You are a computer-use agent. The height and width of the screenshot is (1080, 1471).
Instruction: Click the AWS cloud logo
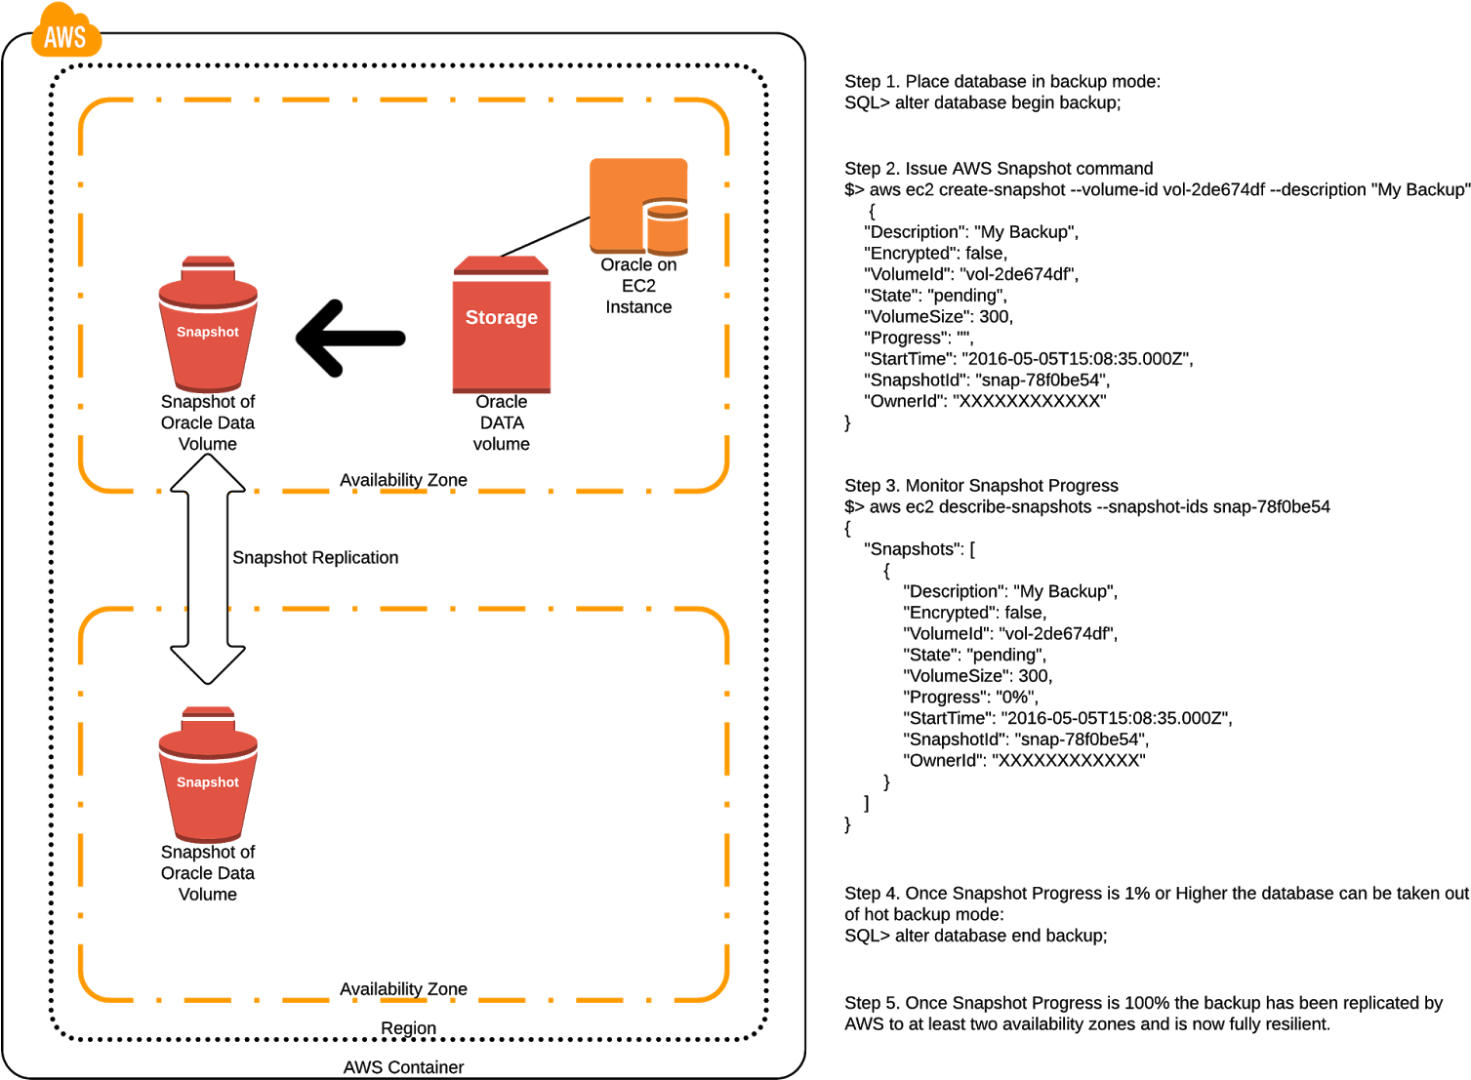pyautogui.click(x=65, y=31)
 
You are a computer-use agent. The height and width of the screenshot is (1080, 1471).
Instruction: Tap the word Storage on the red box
pyautogui.click(x=501, y=317)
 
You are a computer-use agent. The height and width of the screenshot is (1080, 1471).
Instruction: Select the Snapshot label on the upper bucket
pyautogui.click(x=207, y=332)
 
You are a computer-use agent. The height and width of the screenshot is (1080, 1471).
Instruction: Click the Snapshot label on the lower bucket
pyautogui.click(x=207, y=782)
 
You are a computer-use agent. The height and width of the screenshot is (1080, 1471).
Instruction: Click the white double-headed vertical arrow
pyautogui.click(x=208, y=569)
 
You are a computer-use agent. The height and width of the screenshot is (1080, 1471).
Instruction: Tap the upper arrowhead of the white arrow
pyautogui.click(x=208, y=473)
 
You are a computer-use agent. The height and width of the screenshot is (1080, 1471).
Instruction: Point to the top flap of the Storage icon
pyautogui.click(x=501, y=264)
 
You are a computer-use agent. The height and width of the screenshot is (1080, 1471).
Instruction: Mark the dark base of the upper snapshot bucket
pyautogui.click(x=208, y=387)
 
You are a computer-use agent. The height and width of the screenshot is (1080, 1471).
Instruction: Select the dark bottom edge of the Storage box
pyautogui.click(x=501, y=390)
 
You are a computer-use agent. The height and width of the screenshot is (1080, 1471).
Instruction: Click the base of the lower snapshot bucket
pyautogui.click(x=208, y=838)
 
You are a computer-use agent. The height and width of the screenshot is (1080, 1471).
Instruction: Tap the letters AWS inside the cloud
pyautogui.click(x=65, y=38)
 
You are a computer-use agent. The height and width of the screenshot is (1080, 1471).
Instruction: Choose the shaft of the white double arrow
pyautogui.click(x=208, y=569)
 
